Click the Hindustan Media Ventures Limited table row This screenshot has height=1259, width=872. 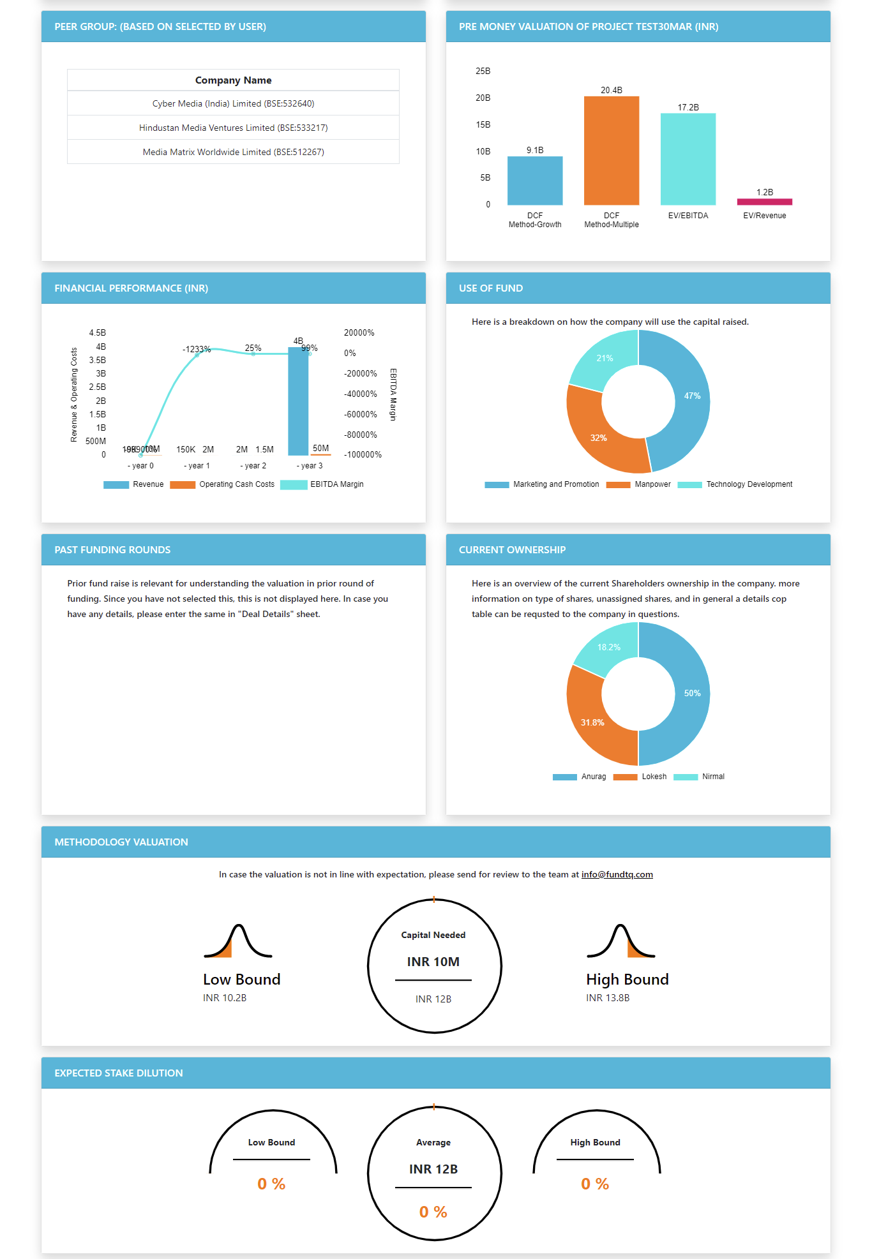(233, 128)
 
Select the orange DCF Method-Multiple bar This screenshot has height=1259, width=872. (611, 151)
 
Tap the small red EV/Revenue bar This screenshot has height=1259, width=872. (764, 202)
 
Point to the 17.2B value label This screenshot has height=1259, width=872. (688, 107)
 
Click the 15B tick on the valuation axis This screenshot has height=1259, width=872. (483, 124)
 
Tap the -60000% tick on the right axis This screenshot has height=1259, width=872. (361, 414)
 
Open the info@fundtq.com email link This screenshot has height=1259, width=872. (617, 874)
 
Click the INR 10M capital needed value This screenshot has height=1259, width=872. (433, 962)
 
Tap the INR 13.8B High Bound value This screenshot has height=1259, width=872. (608, 998)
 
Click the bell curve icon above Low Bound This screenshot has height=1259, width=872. (238, 941)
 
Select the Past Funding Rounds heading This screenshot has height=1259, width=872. (112, 550)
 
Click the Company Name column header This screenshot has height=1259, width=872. (233, 80)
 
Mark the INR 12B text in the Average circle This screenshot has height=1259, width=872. (433, 1169)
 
